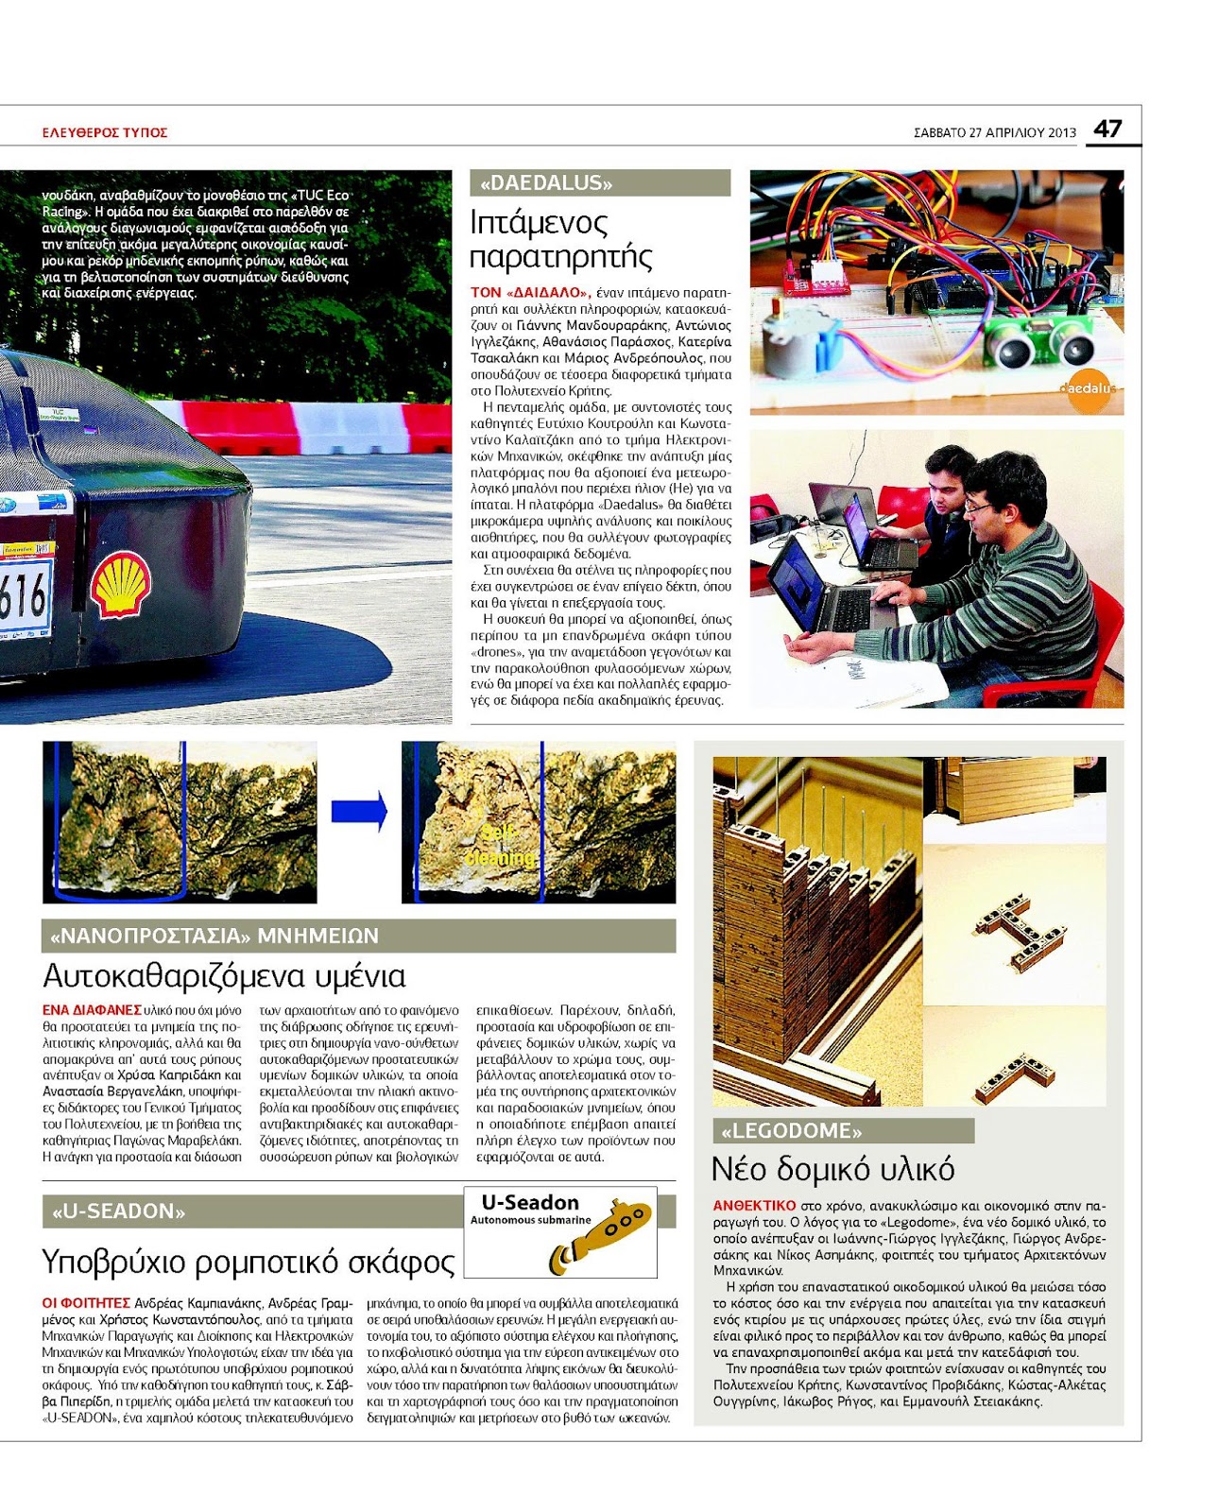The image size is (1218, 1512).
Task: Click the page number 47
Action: pyautogui.click(x=1107, y=129)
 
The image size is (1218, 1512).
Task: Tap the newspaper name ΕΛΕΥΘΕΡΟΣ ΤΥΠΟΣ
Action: pyautogui.click(x=105, y=133)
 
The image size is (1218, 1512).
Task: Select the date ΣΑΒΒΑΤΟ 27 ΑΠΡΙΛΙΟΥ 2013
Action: pyautogui.click(x=994, y=133)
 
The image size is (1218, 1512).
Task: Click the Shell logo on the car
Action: pyautogui.click(x=120, y=586)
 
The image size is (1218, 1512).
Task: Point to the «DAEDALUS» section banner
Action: pyautogui.click(x=599, y=183)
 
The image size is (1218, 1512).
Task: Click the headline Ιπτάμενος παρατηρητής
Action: pyautogui.click(x=561, y=239)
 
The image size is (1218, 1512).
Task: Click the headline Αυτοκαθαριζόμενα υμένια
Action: pyautogui.click(x=225, y=975)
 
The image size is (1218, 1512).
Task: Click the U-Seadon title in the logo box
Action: pyautogui.click(x=530, y=1202)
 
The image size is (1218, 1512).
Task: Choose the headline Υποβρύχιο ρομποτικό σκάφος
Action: pyautogui.click(x=249, y=1262)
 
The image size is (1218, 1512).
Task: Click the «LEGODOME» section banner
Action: pyautogui.click(x=843, y=1131)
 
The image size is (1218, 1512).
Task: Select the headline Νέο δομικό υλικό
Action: pyautogui.click(x=832, y=1169)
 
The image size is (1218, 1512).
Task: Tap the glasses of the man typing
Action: pyautogui.click(x=976, y=507)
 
